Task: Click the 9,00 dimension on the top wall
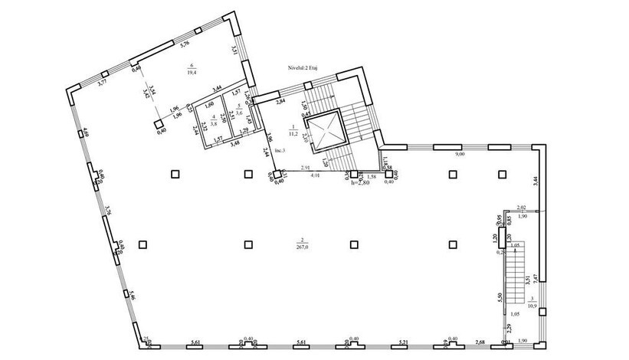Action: (x=459, y=155)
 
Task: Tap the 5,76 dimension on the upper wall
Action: (x=184, y=44)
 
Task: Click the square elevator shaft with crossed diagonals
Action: (x=325, y=129)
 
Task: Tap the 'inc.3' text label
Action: (x=278, y=150)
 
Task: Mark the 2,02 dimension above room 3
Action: (x=521, y=208)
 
